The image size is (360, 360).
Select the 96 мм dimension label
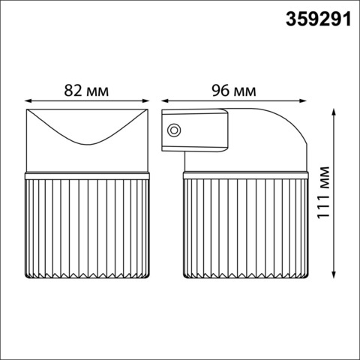tap(234, 91)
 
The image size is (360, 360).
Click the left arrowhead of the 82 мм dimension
tap(27, 101)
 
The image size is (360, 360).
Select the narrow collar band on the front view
tap(88, 175)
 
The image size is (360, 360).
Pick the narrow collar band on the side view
tap(244, 175)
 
